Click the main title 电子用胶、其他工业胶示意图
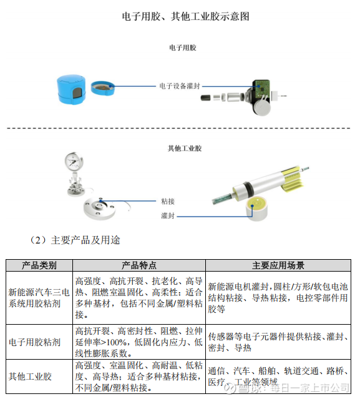(185, 16)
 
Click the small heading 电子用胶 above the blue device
(183, 47)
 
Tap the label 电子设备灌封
(180, 86)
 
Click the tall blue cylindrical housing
(71, 89)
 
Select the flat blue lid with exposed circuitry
(102, 88)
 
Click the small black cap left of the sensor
(205, 97)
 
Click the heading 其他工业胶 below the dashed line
(185, 149)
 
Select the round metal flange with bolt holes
(99, 209)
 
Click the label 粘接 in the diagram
(168, 202)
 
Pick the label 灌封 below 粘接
(168, 216)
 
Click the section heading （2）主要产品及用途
(75, 240)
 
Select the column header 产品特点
(139, 265)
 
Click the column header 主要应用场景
(278, 265)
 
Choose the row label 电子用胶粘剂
(34, 342)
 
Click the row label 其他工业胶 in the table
(30, 377)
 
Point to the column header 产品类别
(39, 265)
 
